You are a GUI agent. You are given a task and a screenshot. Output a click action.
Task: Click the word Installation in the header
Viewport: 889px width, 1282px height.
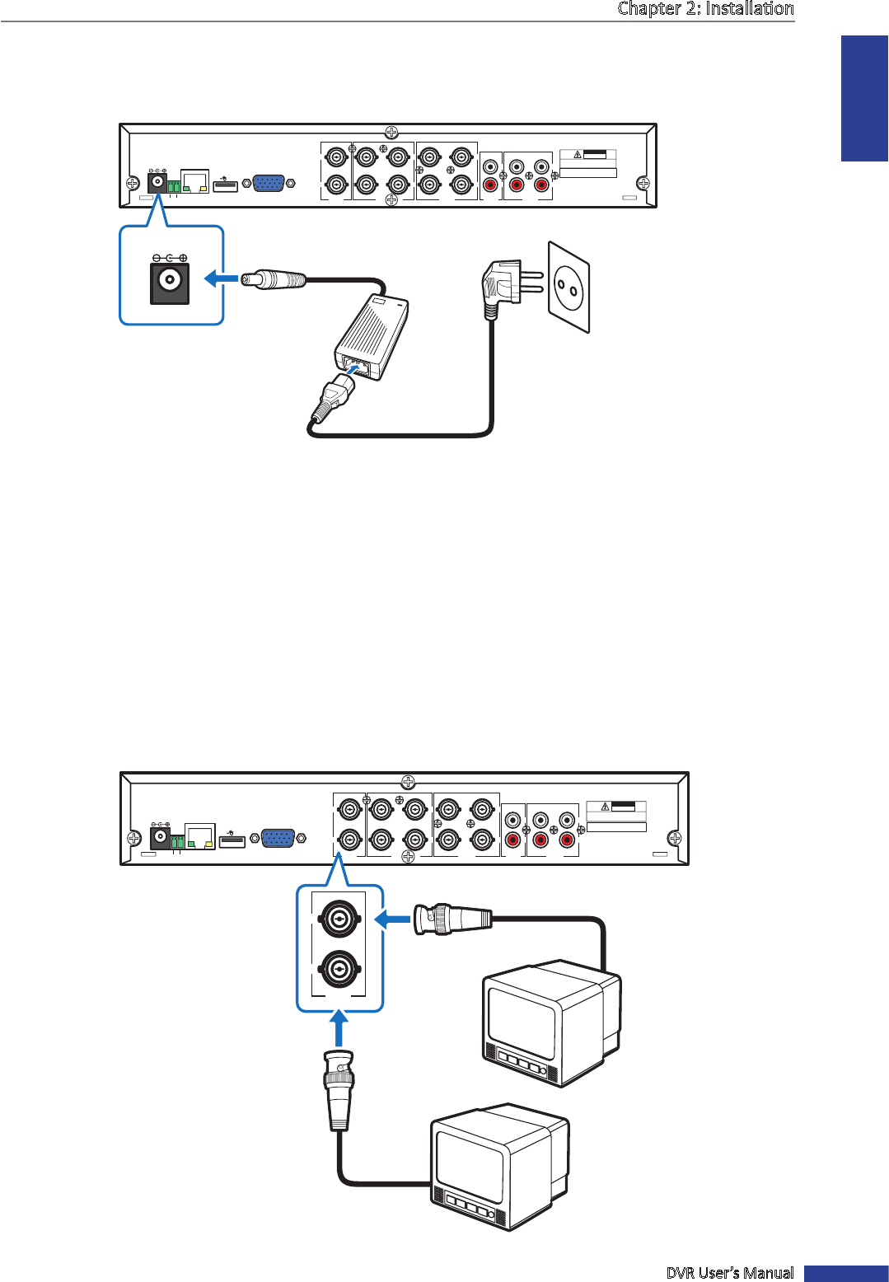[750, 9]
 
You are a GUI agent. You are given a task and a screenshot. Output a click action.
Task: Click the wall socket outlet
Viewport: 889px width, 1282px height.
[569, 288]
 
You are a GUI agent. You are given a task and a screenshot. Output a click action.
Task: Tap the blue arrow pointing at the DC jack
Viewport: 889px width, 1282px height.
[220, 279]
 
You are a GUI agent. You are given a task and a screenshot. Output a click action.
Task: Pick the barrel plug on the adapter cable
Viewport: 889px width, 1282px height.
[274, 280]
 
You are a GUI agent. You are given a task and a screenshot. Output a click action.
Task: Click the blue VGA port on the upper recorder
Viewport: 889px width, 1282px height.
[269, 183]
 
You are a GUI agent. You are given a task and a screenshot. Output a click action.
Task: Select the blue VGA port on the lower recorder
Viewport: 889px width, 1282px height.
[278, 838]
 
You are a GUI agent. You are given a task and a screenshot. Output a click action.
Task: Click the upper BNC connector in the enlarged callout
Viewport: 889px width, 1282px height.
[339, 917]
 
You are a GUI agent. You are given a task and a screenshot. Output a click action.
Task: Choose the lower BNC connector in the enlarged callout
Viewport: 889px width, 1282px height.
[339, 970]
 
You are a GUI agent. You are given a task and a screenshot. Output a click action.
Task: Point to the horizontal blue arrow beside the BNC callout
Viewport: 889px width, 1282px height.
[392, 918]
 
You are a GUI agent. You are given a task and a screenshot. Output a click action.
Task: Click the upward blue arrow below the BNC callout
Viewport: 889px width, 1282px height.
[339, 1029]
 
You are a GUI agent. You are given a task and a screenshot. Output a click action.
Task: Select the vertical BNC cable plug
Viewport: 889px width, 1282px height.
[339, 1088]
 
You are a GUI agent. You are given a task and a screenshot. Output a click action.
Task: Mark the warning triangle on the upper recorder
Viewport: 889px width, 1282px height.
[578, 155]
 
